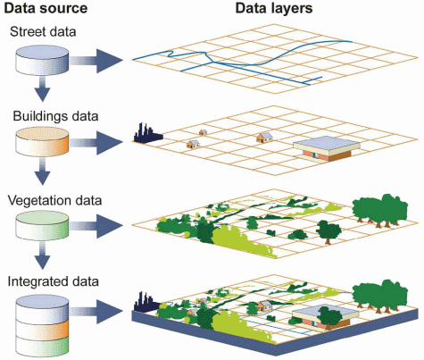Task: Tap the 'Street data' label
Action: (x=43, y=32)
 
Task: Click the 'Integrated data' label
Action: (x=53, y=282)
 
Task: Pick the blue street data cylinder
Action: (x=43, y=62)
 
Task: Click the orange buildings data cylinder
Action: (x=43, y=144)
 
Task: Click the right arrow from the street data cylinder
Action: (x=96, y=62)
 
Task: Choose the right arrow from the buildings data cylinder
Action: (x=96, y=144)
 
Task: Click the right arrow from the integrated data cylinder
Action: (x=96, y=310)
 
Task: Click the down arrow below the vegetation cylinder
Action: (x=43, y=260)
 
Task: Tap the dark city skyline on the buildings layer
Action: (x=146, y=134)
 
